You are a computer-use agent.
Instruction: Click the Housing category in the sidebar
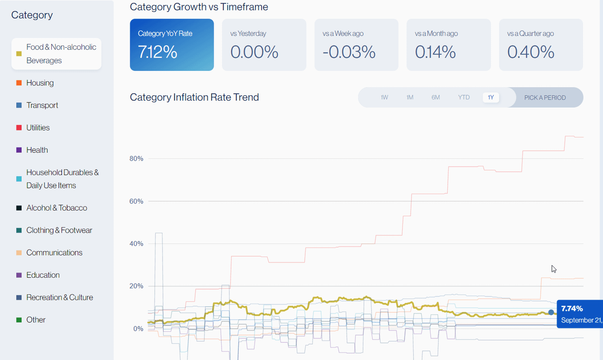(x=40, y=83)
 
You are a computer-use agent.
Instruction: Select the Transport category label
(x=42, y=105)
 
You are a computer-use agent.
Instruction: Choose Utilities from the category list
(x=38, y=128)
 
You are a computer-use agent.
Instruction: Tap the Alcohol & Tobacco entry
(x=56, y=208)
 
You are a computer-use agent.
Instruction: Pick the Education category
(x=43, y=275)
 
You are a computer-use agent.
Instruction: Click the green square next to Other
(x=19, y=320)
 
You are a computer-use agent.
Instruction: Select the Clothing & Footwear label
(x=59, y=230)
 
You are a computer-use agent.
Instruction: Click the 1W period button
(x=384, y=97)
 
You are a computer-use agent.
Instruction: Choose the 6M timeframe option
(x=435, y=97)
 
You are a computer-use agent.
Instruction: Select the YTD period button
(x=464, y=97)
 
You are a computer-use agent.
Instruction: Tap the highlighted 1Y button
(x=491, y=97)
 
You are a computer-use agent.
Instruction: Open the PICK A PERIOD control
(x=545, y=97)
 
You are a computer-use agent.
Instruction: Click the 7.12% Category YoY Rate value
(x=157, y=52)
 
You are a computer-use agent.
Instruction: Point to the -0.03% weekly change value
(x=349, y=52)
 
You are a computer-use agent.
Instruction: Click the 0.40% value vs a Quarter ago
(x=531, y=52)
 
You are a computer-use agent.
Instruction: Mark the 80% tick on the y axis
(x=136, y=159)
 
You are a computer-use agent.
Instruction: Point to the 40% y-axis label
(x=136, y=244)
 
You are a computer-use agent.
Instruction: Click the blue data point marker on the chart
(x=551, y=312)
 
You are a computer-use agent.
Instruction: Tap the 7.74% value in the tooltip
(x=571, y=308)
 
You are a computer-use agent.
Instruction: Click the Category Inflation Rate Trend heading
(x=194, y=97)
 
